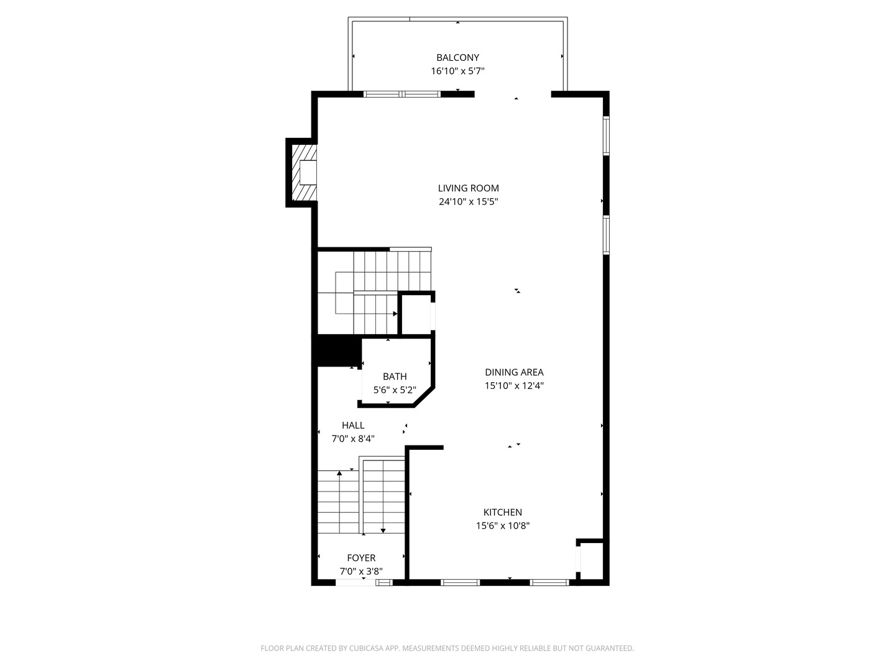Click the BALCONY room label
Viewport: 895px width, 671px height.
click(x=457, y=57)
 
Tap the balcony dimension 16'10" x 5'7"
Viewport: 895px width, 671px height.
click(x=457, y=71)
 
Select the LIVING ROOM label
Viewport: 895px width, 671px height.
click(x=468, y=188)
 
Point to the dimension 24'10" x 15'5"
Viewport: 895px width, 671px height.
click(x=468, y=201)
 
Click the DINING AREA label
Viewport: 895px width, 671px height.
click(x=514, y=372)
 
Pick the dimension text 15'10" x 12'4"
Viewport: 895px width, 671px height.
click(x=514, y=385)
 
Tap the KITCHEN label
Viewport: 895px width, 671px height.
click(x=502, y=512)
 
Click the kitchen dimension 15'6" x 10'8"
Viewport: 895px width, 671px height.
click(x=502, y=526)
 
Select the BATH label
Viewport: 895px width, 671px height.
click(x=394, y=377)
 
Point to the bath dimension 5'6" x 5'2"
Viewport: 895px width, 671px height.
click(x=394, y=390)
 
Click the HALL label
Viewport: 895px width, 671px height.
click(x=352, y=426)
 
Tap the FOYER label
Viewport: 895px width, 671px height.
click(x=361, y=558)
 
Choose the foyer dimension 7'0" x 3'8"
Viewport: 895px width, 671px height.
click(x=361, y=571)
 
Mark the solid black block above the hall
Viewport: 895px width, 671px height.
click(x=337, y=350)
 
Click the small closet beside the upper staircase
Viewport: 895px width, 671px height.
click(x=416, y=314)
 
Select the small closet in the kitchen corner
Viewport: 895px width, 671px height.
click(x=591, y=560)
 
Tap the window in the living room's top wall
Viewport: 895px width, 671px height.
click(x=402, y=94)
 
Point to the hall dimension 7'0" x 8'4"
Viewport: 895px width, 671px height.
click(x=352, y=439)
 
